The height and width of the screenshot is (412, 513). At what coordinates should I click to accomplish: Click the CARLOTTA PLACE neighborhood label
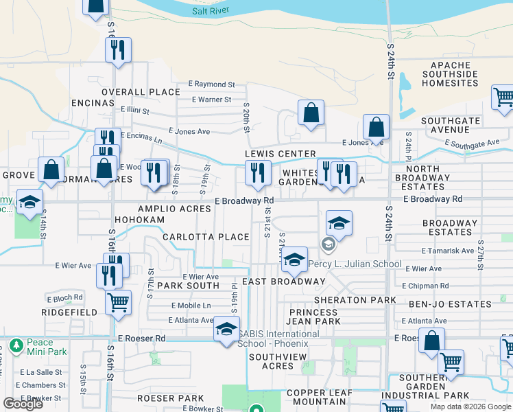(206, 237)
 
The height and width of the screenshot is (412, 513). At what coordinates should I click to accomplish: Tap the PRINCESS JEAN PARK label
(318, 316)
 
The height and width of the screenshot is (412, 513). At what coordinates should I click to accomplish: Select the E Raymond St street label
(212, 84)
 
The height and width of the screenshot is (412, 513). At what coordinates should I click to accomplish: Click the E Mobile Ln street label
(191, 306)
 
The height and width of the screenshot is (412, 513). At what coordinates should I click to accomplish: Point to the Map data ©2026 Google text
(470, 407)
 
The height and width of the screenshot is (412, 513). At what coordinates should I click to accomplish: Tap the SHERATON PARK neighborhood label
(355, 300)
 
